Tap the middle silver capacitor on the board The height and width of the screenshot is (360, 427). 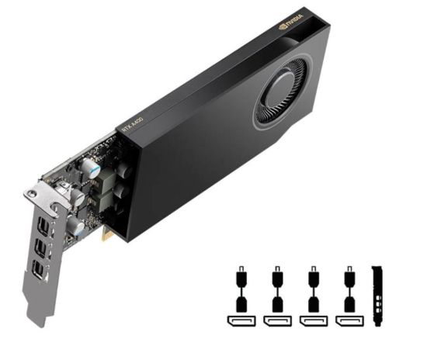pos(78,198)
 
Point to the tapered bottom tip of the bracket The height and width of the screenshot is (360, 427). pos(36,319)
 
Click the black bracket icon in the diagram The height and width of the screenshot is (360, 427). pos(378,296)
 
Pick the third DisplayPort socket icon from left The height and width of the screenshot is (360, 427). pos(313,320)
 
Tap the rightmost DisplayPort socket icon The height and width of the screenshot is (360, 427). pos(349,320)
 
